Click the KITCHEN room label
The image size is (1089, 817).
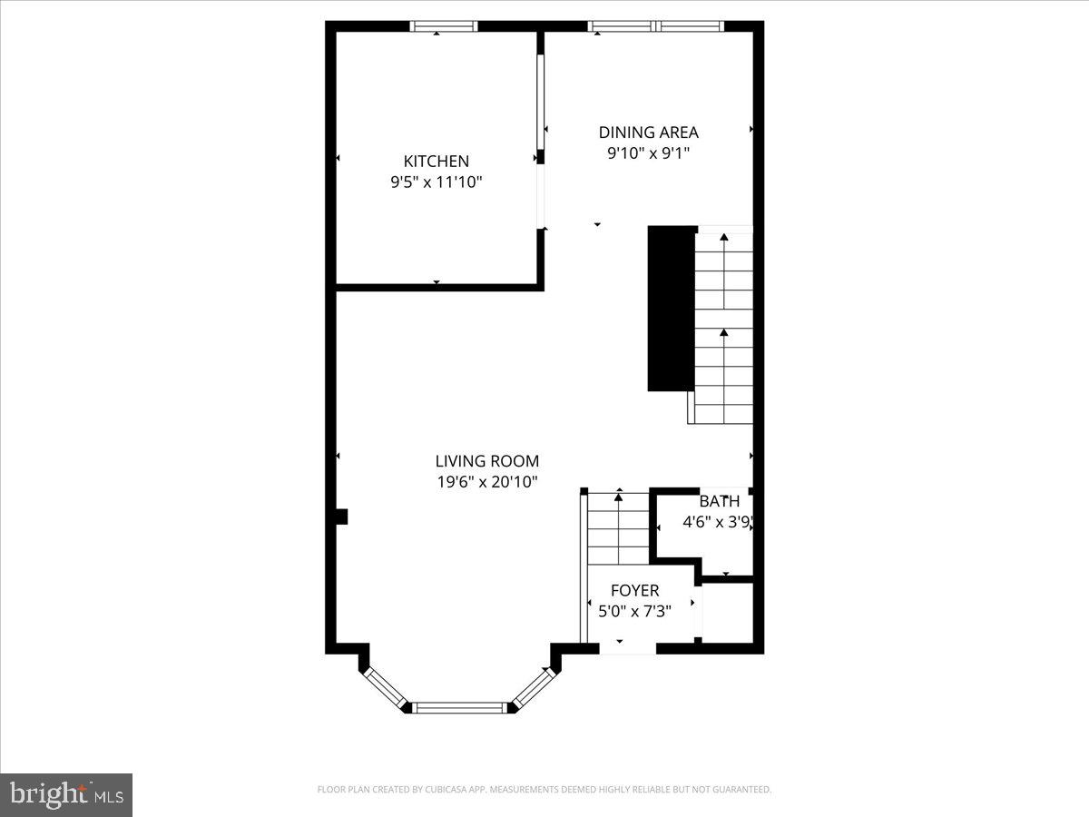coord(437,161)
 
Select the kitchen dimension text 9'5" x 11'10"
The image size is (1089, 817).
coord(437,182)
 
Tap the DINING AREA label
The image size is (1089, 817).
coord(648,133)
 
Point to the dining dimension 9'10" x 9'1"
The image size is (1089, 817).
coord(648,153)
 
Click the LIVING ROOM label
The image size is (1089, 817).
coord(487,461)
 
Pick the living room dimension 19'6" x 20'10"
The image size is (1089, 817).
coord(487,482)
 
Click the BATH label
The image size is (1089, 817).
coord(719,501)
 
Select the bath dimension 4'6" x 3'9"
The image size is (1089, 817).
coord(719,522)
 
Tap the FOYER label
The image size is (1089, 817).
coord(634,591)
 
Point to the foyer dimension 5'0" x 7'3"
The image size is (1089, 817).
coord(634,612)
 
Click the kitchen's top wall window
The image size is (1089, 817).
coord(444,26)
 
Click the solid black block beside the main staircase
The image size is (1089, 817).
coord(671,309)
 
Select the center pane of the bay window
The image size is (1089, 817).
coord(460,707)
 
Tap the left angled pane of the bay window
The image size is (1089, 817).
coord(385,687)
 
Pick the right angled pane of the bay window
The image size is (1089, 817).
coord(534,687)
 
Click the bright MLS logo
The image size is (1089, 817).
coord(66,794)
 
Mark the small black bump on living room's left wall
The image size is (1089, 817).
coord(341,517)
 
